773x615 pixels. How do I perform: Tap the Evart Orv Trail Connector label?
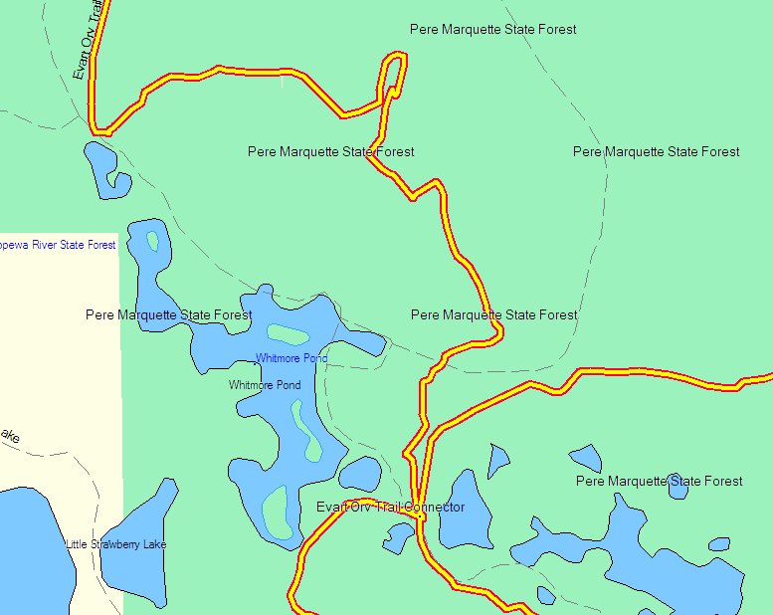[390, 508]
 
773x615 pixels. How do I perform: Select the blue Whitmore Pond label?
[291, 358]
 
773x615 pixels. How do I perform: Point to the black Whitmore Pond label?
[265, 385]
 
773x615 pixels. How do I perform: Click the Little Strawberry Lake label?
[116, 544]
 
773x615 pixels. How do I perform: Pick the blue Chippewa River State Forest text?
[58, 245]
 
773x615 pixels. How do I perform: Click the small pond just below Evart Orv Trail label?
[102, 166]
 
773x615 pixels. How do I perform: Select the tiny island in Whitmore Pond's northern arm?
[152, 241]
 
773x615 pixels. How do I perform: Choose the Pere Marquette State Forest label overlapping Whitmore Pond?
[168, 315]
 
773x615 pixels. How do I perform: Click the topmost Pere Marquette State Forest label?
[492, 30]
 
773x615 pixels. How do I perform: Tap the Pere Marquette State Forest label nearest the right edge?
[656, 152]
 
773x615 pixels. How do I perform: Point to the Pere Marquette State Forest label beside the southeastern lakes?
[659, 482]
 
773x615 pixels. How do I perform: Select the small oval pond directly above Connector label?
[359, 474]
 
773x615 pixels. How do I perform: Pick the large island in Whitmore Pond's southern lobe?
[276, 511]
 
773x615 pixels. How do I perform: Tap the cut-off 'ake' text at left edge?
[10, 436]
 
